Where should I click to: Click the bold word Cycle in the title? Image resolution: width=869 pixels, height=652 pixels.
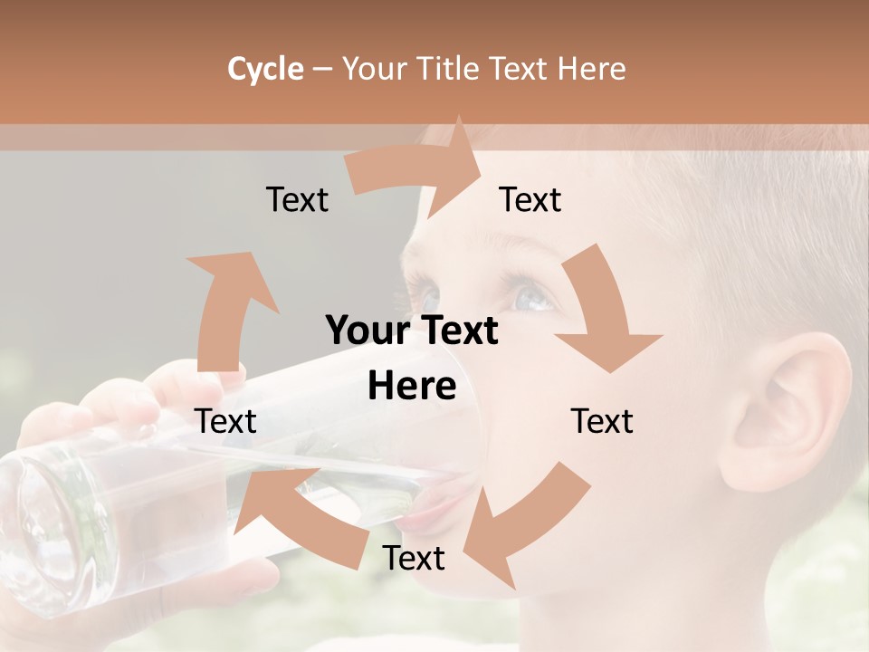[x=265, y=69]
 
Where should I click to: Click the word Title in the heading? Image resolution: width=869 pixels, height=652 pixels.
[x=448, y=69]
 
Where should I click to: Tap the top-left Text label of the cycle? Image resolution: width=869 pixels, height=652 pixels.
[x=297, y=199]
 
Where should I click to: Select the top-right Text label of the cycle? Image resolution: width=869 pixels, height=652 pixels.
[x=530, y=199]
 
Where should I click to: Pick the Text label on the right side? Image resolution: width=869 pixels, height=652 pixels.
[x=602, y=421]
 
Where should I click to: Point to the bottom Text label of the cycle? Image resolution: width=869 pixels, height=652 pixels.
[x=414, y=558]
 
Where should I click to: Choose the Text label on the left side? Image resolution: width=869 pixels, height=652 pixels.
[x=225, y=421]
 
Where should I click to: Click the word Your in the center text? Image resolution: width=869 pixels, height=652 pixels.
[x=368, y=331]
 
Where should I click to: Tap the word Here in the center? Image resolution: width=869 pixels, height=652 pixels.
[x=412, y=387]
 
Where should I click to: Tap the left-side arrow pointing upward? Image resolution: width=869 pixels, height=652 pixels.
[x=226, y=308]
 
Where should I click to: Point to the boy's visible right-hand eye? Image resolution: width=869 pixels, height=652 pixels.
[x=534, y=294]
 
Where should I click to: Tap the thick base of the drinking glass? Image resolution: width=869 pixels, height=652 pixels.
[x=45, y=534]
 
